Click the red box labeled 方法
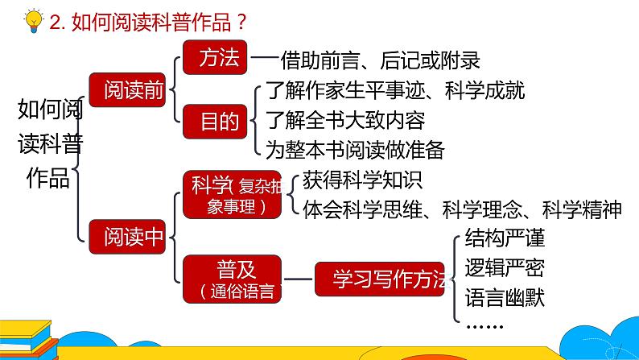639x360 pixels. (x=215, y=58)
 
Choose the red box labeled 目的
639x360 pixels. (x=215, y=122)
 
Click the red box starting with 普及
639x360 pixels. (x=233, y=278)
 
